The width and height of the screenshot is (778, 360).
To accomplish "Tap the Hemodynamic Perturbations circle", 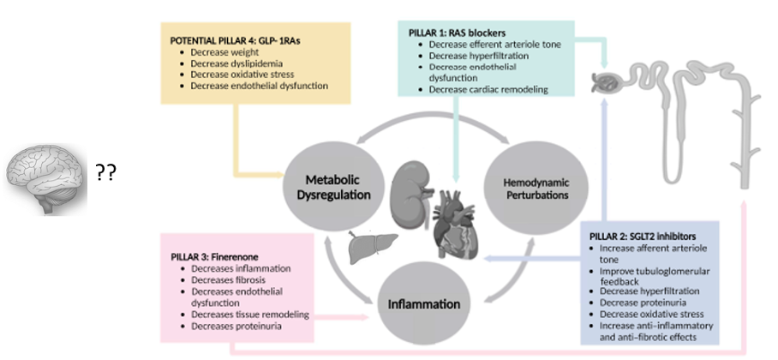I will [x=529, y=189].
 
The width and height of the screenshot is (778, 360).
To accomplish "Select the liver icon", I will [x=364, y=247].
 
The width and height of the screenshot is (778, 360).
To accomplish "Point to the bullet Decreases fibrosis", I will [x=230, y=280].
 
